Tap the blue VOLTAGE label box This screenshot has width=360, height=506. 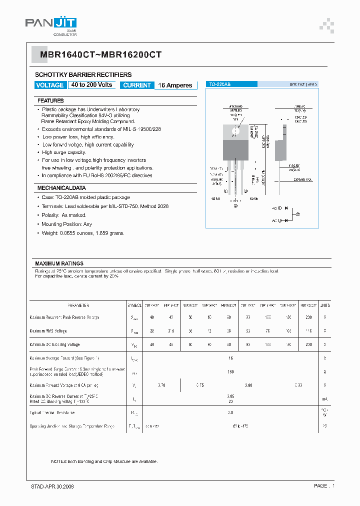[x=50, y=85]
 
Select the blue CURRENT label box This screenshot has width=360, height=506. [x=136, y=85]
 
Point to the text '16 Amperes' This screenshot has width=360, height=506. [x=175, y=85]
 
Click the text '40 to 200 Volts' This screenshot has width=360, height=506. [x=91, y=85]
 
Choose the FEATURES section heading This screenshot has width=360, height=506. [x=50, y=100]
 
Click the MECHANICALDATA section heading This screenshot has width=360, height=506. [x=61, y=188]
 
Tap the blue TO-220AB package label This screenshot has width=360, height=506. [x=220, y=84]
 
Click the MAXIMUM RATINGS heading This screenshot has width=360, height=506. [x=59, y=263]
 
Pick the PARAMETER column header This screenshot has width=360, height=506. [x=78, y=305]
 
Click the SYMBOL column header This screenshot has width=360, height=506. [x=134, y=305]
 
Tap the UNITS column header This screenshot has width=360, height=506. [x=325, y=305]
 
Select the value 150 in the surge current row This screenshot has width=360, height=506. [x=230, y=371]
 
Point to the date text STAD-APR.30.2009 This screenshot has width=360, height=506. [x=49, y=486]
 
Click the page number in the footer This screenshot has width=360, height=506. [x=324, y=486]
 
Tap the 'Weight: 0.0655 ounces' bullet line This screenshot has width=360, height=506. [x=83, y=233]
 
